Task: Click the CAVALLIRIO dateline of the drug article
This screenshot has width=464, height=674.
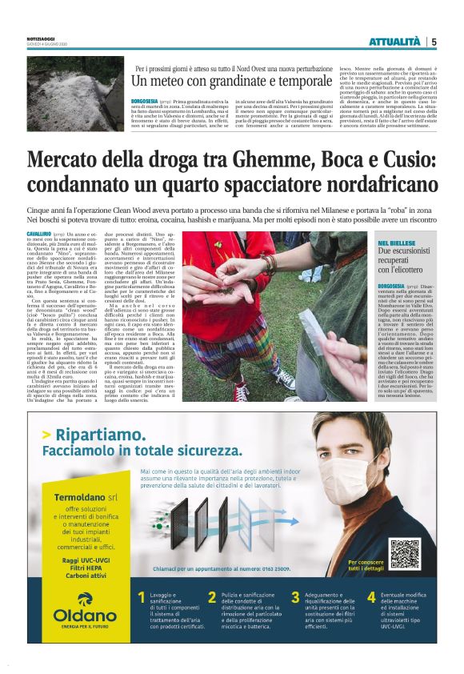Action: [41, 232]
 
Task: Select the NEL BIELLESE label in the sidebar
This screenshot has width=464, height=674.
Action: [397, 242]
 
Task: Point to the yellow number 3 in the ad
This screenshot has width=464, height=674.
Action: [295, 597]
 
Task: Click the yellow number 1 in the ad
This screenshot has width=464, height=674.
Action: [142, 597]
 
